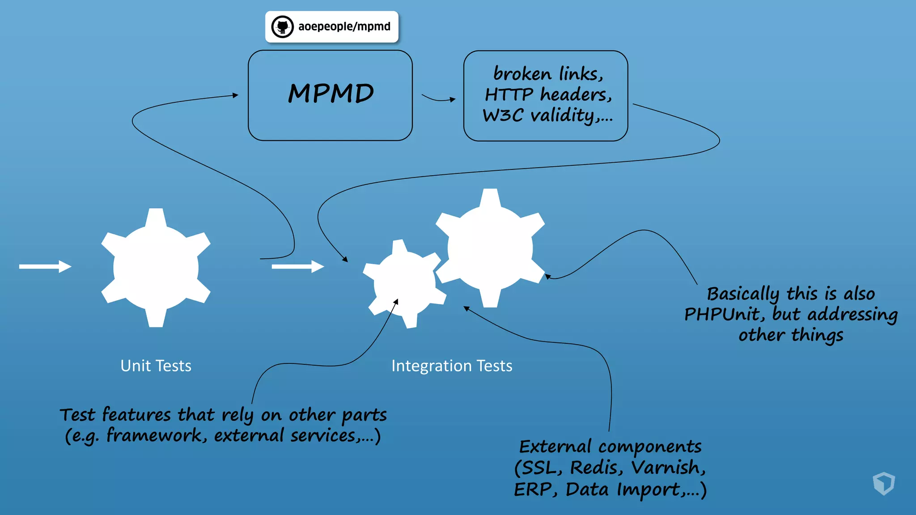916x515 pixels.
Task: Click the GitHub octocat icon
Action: tap(283, 27)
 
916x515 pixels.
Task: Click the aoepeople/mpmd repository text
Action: tap(344, 27)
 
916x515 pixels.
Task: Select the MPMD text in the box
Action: tap(331, 93)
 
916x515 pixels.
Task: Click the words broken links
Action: tap(548, 74)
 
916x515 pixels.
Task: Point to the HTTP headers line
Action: tap(548, 95)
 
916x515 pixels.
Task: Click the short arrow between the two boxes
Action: tap(438, 98)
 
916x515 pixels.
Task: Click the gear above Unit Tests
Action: tap(156, 267)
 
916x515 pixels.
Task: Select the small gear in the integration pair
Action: tap(404, 283)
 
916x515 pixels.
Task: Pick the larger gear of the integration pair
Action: tap(490, 248)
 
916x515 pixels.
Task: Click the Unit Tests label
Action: tap(156, 366)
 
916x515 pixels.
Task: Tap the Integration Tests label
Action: tap(452, 366)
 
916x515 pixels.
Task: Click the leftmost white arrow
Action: tap(45, 266)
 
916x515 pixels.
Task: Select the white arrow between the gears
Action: tap(297, 266)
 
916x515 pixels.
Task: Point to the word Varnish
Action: tap(668, 468)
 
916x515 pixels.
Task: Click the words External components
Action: tap(610, 446)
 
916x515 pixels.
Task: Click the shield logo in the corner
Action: tap(883, 483)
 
